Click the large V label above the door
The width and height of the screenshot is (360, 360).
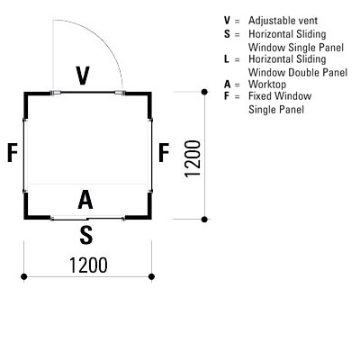(x=83, y=76)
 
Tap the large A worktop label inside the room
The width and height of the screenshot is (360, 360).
(x=85, y=200)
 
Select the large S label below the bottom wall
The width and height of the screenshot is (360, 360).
(x=86, y=235)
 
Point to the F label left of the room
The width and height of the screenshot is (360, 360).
(x=13, y=153)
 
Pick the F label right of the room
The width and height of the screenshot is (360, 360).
(x=164, y=153)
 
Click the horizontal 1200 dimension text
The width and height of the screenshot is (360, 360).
(x=88, y=265)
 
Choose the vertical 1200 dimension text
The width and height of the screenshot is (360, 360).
(x=193, y=159)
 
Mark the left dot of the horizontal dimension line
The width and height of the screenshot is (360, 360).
(x=24, y=276)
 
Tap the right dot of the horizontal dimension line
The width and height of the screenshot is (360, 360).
(x=151, y=276)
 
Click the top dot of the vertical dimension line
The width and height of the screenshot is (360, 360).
(x=204, y=92)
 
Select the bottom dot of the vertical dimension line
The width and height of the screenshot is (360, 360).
(x=204, y=220)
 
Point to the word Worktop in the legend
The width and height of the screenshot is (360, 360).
(x=267, y=85)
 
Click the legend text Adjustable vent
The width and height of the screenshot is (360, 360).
(x=283, y=21)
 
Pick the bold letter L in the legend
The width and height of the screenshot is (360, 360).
(x=227, y=58)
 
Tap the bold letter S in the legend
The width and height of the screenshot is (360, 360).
(x=227, y=34)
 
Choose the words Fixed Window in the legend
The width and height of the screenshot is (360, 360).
(x=280, y=96)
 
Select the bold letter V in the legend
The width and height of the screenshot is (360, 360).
(x=227, y=21)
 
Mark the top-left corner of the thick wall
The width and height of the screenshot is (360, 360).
(x=24, y=93)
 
